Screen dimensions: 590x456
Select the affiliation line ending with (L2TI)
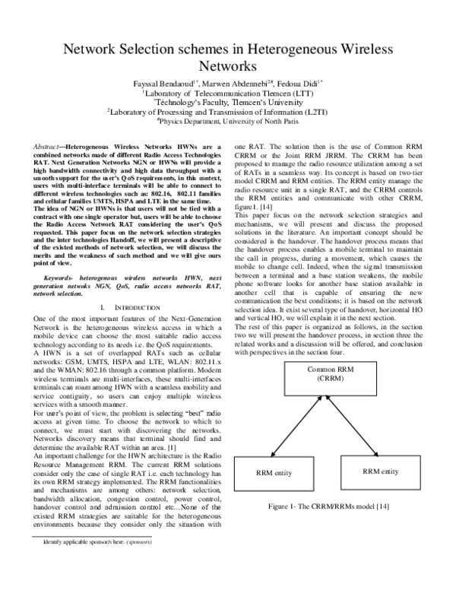click(228, 110)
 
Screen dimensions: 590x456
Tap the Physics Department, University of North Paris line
click(228, 119)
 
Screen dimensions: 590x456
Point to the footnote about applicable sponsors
click(97, 563)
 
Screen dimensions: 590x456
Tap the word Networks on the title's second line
click(228, 67)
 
